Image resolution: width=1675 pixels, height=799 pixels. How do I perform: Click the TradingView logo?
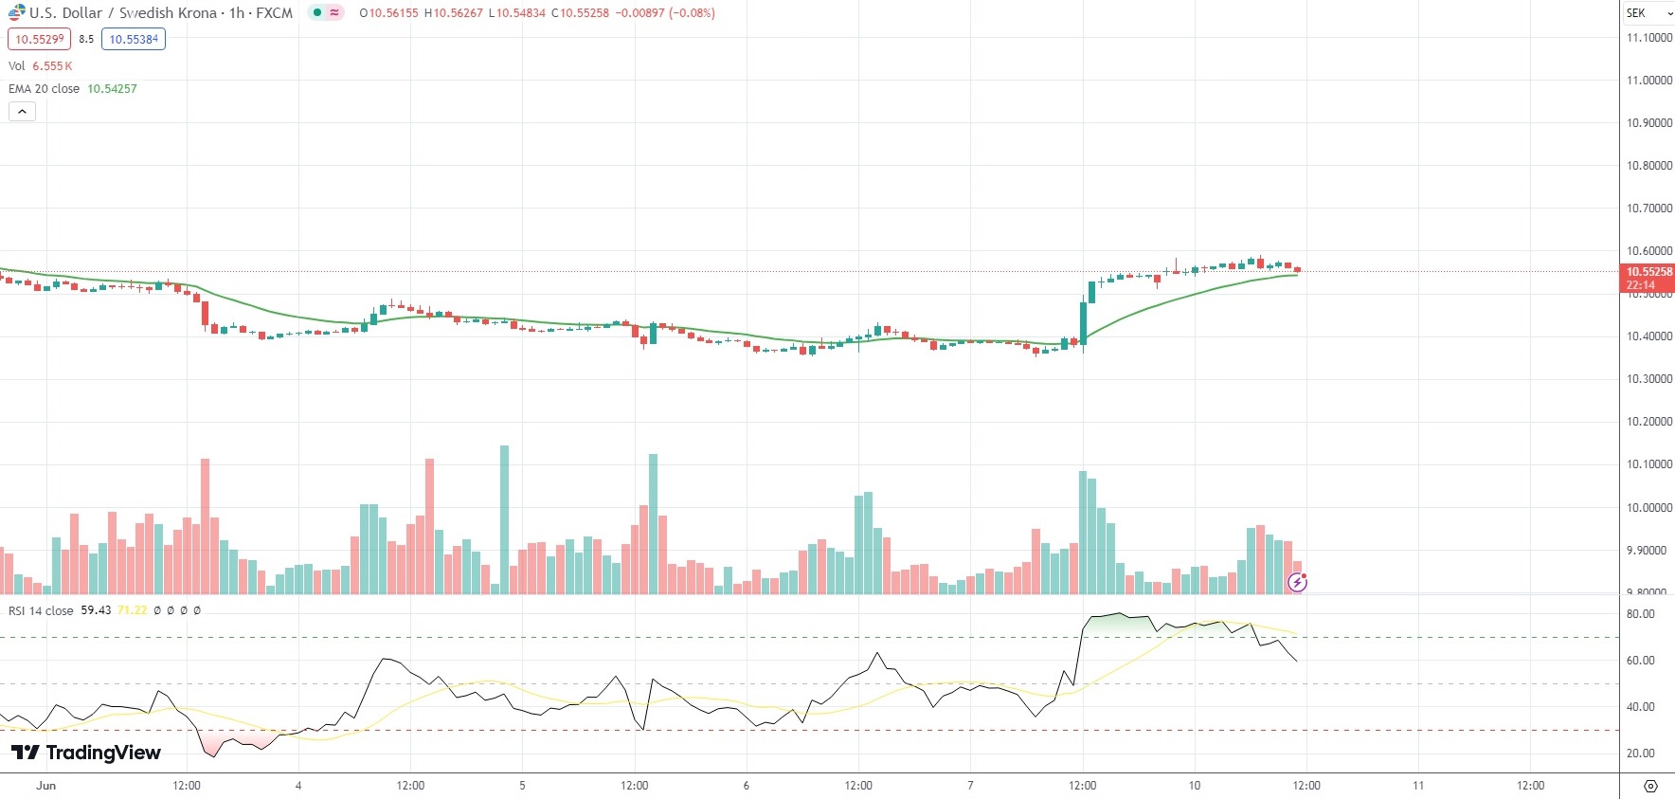coord(86,753)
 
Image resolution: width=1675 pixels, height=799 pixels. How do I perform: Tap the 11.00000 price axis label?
coord(1648,81)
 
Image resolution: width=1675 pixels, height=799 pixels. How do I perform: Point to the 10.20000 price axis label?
coord(1648,422)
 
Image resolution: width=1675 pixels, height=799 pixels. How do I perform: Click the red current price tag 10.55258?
coord(1648,272)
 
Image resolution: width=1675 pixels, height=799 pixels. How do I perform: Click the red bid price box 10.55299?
coord(39,39)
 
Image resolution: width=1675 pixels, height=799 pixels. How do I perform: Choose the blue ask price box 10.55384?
coord(134,39)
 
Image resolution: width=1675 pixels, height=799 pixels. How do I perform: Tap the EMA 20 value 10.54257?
coord(112,89)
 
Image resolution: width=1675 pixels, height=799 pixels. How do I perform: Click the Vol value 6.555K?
coord(52,66)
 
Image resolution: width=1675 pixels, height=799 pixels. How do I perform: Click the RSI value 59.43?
coord(96,610)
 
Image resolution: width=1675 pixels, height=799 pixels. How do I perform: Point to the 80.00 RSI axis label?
coord(1640,614)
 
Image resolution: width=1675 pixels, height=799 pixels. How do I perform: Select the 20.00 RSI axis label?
coord(1640,754)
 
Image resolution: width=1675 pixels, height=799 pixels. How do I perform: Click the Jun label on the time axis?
coord(45,786)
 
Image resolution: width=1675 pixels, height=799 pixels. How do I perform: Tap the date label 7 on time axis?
coord(970,786)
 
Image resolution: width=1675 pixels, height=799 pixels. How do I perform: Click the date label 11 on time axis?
coord(1418,786)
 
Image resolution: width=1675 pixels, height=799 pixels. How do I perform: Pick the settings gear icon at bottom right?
coord(1650,786)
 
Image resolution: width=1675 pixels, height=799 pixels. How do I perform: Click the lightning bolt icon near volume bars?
coord(1297,582)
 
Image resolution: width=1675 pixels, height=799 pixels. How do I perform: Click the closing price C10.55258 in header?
coord(581,13)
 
